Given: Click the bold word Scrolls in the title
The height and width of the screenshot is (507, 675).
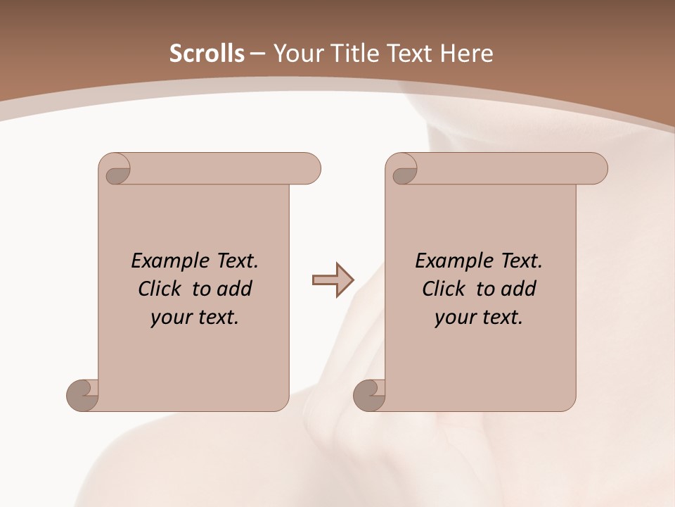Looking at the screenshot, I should tap(207, 54).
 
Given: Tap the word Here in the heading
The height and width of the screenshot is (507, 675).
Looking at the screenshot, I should tap(466, 54).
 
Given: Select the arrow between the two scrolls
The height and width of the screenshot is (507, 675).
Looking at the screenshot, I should tap(333, 280).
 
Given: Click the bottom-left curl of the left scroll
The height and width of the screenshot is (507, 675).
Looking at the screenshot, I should tap(82, 394).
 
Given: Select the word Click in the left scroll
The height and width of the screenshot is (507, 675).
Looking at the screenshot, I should tap(162, 289).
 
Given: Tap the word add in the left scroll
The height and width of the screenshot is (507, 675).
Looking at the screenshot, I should tap(235, 289).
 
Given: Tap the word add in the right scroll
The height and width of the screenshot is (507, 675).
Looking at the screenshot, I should tap(519, 289).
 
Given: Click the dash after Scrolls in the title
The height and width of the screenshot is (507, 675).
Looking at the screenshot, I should tap(257, 54).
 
